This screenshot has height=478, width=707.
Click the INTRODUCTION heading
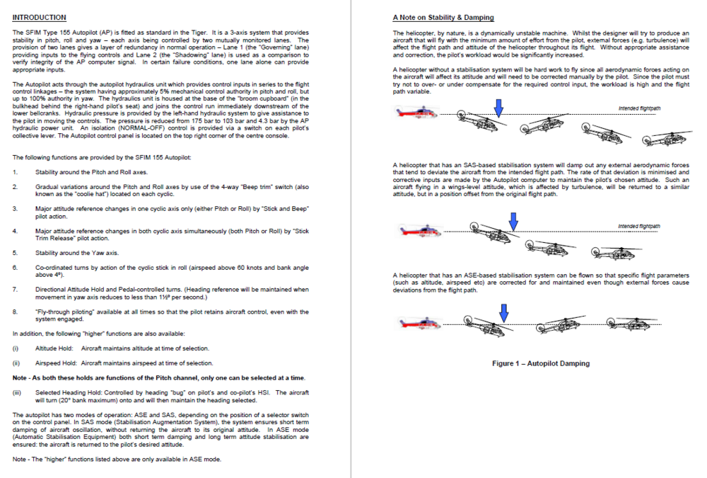point(40,18)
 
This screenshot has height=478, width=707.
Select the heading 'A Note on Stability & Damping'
point(443,18)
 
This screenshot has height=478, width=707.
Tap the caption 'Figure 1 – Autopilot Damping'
point(541,363)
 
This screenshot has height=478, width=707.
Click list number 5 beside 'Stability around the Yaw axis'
point(15,253)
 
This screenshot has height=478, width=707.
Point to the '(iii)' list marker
point(17,392)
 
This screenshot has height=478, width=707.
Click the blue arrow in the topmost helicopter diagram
point(499,107)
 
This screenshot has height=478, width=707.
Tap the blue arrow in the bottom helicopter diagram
point(503,312)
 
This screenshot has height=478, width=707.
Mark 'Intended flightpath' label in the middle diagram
point(639,227)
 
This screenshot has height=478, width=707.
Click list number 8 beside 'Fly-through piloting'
point(15,311)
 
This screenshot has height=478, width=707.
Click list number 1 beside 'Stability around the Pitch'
point(15,172)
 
